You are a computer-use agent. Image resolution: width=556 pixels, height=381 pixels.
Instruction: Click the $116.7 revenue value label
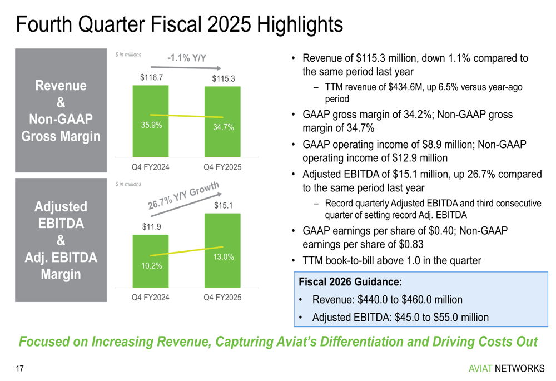coord(151,77)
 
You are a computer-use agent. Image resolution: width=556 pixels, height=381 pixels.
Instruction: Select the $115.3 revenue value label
coord(224,79)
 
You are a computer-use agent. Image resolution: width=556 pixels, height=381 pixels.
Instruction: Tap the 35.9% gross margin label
coord(151,125)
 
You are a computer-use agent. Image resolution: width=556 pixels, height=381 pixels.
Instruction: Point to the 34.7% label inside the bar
coord(224,128)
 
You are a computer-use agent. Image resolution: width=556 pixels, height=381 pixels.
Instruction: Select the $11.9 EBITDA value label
coord(151,226)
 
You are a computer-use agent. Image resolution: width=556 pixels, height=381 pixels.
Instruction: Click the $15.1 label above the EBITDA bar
coord(223,206)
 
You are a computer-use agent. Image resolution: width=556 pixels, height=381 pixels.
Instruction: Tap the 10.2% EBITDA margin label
coord(151,265)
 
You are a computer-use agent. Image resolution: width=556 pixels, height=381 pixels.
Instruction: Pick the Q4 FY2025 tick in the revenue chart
coord(223,167)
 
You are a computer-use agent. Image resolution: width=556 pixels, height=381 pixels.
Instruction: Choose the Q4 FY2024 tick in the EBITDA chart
coord(151,298)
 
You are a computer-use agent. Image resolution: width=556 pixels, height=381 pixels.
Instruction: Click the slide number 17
coord(20,368)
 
